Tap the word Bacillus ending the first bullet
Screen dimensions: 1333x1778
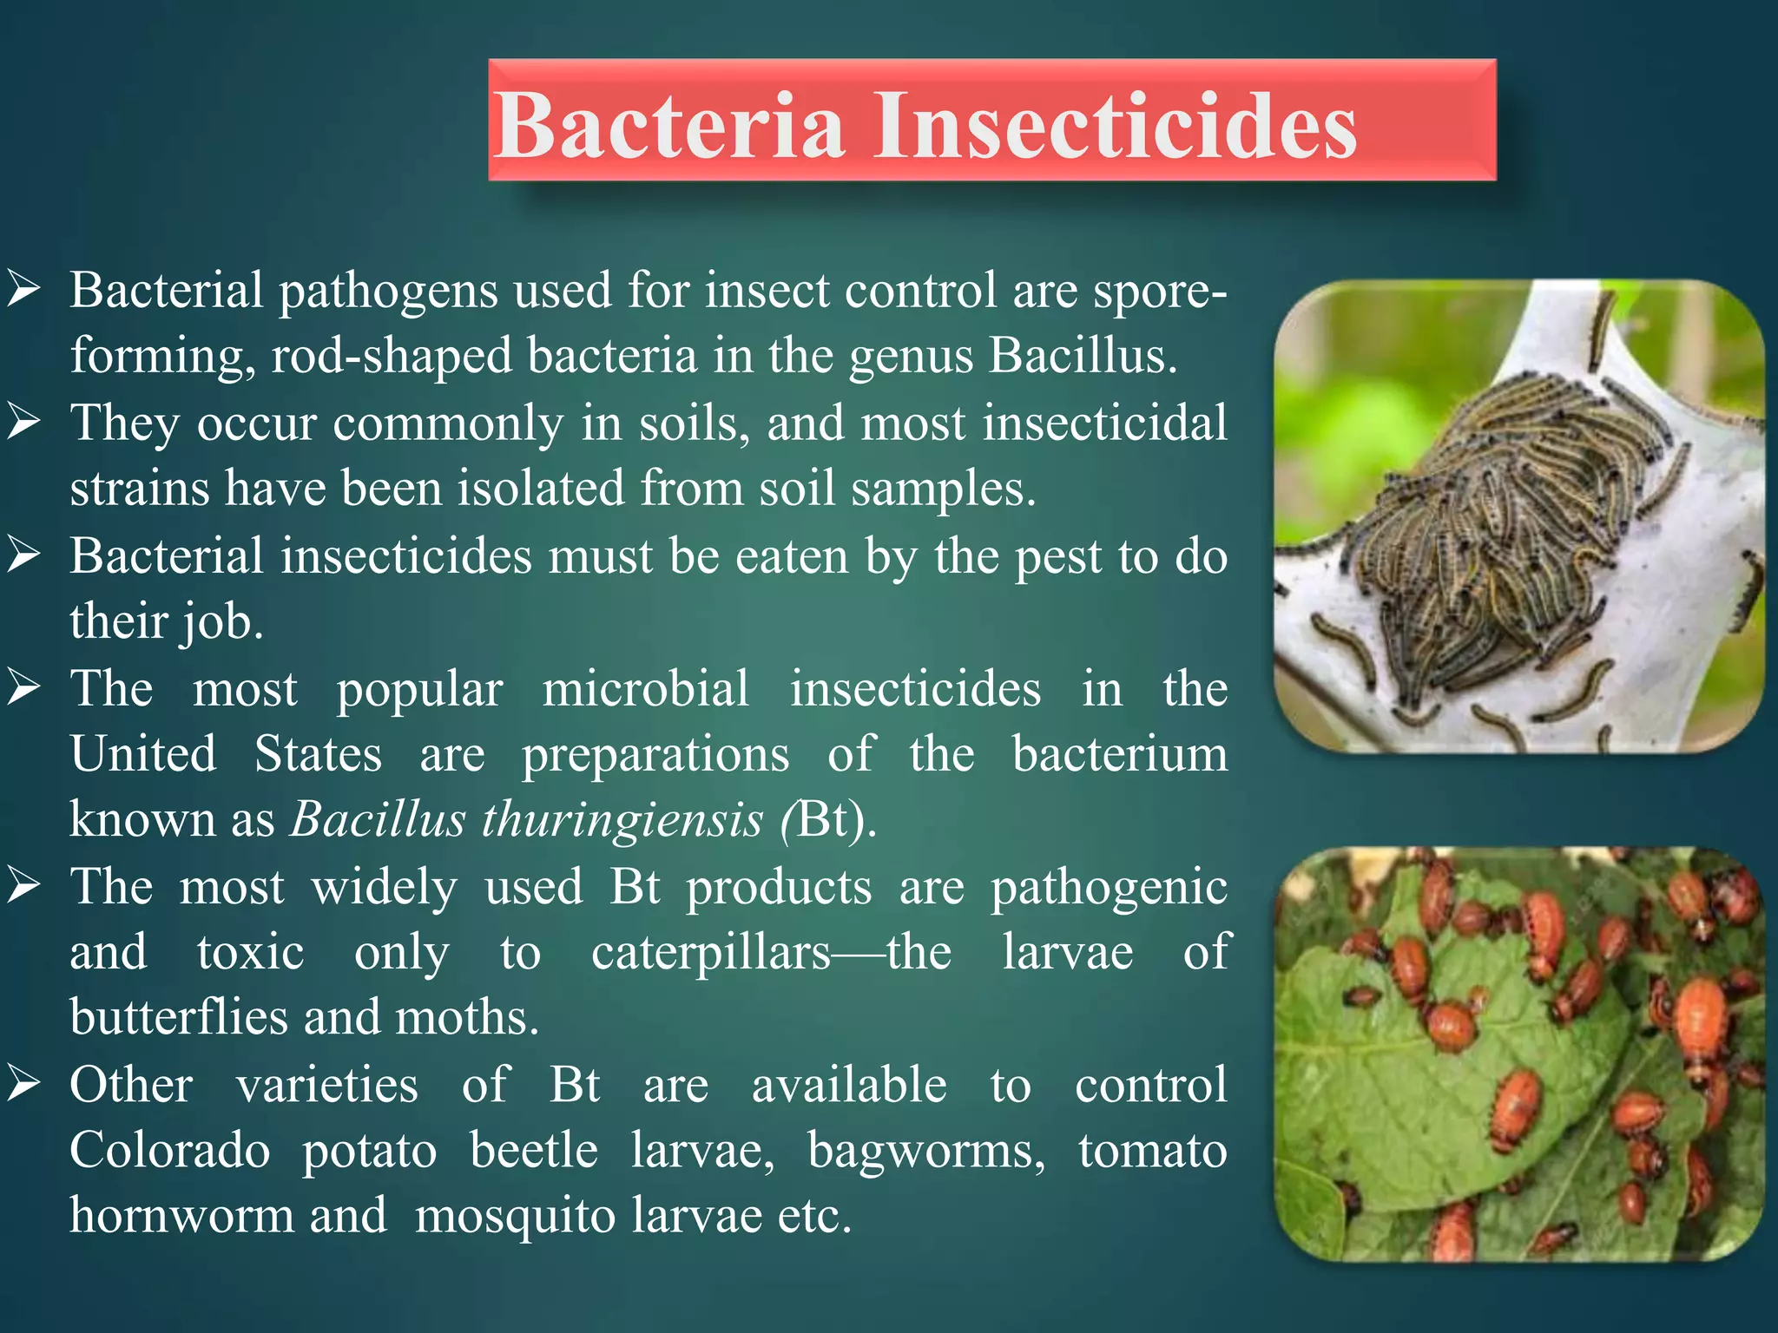(x=1082, y=356)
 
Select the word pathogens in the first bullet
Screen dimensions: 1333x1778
(x=387, y=292)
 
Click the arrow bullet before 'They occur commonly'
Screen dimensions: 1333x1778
(x=23, y=422)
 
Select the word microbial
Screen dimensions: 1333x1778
(x=645, y=689)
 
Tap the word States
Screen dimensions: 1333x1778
(x=318, y=753)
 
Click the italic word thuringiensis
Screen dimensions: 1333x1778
(x=622, y=819)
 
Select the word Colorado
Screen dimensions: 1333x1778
(x=169, y=1151)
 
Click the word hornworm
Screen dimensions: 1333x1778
(x=181, y=1215)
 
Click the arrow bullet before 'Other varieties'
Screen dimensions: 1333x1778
(x=23, y=1084)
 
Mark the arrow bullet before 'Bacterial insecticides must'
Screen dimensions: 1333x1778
(x=23, y=555)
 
